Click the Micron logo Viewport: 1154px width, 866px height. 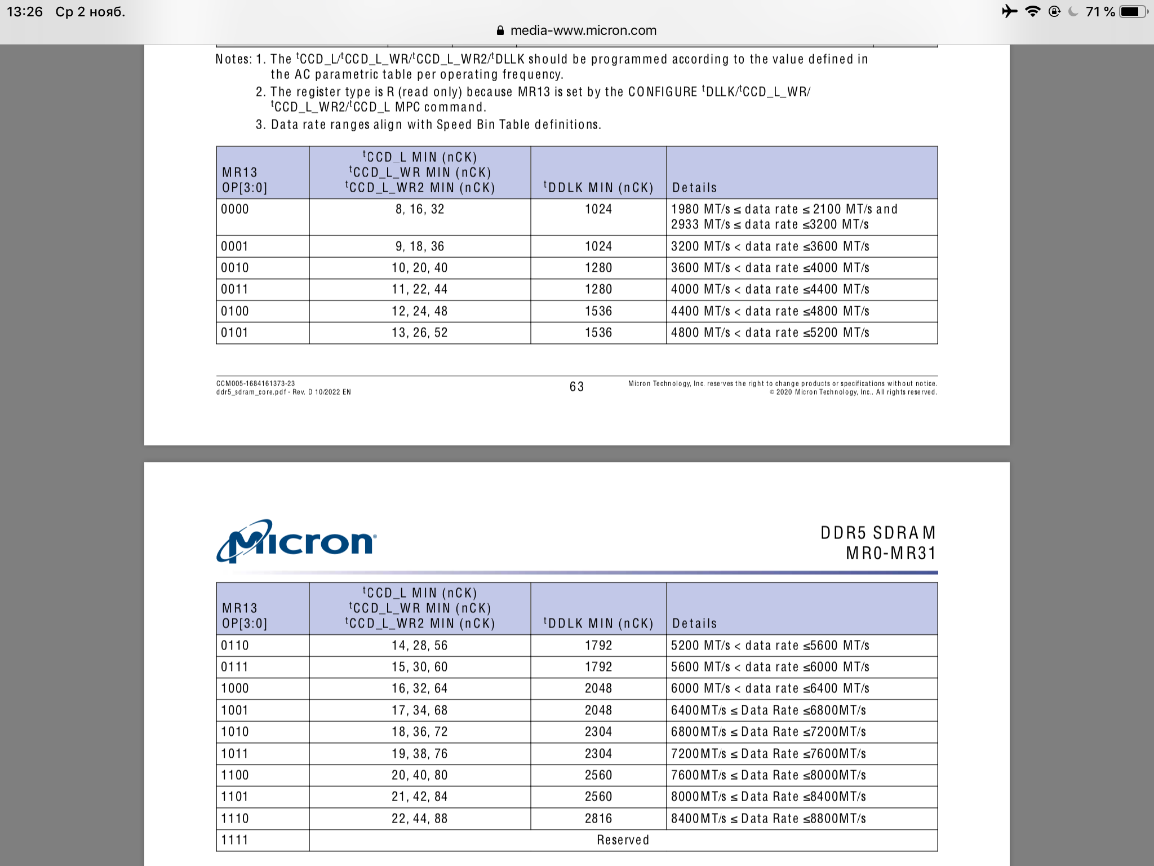pos(296,541)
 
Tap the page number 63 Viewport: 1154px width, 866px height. pos(576,387)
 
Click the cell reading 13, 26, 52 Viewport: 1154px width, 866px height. pos(420,333)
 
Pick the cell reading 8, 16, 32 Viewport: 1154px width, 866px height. pos(420,209)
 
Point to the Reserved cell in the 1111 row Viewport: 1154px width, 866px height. pos(623,840)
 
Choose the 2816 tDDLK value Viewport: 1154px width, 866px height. pos(598,819)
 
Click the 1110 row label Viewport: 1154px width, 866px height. pos(235,819)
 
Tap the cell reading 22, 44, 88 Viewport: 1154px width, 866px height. pos(420,819)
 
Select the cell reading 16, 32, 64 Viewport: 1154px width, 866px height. pos(420,688)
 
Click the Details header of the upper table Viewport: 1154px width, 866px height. pos(694,188)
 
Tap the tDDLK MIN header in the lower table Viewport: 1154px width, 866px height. pos(598,624)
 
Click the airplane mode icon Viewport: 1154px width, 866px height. pos(1009,12)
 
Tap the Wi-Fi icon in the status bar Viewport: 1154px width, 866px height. pos(1032,12)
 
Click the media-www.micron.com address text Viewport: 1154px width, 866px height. pos(583,30)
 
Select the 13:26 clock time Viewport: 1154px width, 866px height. pos(25,12)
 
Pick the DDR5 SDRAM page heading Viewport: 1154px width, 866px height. pos(877,533)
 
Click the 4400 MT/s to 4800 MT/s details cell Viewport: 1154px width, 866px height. pos(770,311)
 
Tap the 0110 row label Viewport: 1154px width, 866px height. pos(235,646)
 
